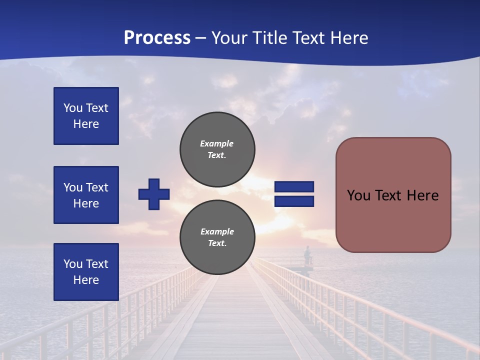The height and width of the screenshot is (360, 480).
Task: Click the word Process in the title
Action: [x=157, y=38]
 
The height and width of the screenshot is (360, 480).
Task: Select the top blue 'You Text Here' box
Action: [x=86, y=116]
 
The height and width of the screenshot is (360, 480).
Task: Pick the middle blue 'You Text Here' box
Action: [x=86, y=195]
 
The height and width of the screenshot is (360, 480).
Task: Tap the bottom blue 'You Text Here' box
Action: [x=86, y=272]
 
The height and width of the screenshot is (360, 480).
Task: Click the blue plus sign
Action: [x=154, y=194]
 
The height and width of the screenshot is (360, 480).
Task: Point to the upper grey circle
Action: [x=217, y=149]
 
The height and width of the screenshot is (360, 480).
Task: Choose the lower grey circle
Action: [x=217, y=237]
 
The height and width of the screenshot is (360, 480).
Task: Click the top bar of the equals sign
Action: [x=294, y=187]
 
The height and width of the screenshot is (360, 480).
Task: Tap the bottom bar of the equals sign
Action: [x=294, y=201]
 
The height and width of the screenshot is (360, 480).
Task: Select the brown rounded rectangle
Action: [x=393, y=194]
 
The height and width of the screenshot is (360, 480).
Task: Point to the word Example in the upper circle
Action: [x=216, y=143]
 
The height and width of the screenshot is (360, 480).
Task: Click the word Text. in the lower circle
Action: [x=217, y=243]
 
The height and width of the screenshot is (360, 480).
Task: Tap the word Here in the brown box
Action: [x=422, y=195]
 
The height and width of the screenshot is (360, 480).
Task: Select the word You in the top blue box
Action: [x=72, y=108]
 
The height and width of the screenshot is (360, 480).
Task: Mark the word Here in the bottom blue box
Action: [x=86, y=280]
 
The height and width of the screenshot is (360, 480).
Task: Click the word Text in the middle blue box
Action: [x=97, y=187]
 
